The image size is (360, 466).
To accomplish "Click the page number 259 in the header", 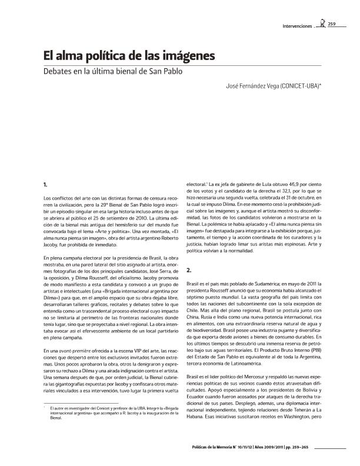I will coord(332,24).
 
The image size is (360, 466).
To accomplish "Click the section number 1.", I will coord(46,187).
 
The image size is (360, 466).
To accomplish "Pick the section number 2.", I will coord(189,271).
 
